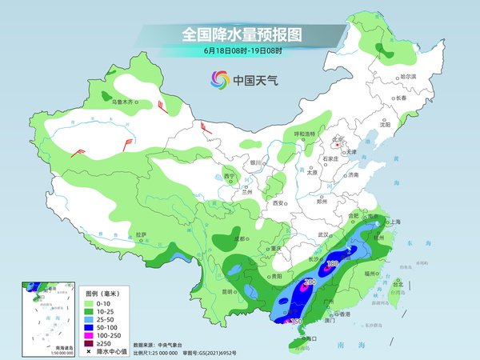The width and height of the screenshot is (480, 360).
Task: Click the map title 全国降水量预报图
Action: (239, 34)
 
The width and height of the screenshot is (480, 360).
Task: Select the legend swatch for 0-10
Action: (88, 305)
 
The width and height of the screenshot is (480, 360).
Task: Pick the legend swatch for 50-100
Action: (88, 327)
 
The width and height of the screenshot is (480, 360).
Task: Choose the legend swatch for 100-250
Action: (88, 334)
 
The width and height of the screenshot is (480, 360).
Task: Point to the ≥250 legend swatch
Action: (88, 342)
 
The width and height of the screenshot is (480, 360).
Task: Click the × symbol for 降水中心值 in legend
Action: (88, 351)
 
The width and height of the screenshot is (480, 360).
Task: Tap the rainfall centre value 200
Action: (308, 282)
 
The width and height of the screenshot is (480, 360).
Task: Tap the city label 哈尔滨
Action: (408, 76)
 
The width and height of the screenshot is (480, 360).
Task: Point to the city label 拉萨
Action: (142, 234)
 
